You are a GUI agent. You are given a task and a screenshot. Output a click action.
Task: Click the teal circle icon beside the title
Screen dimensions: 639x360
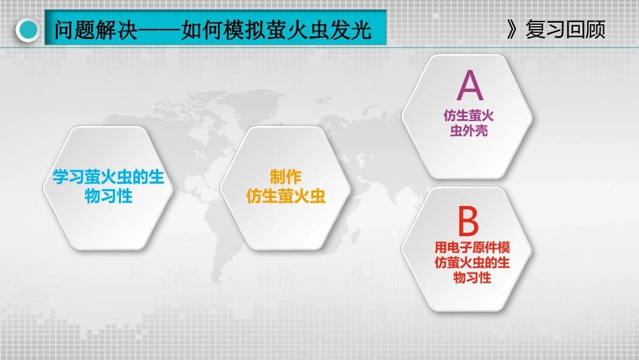28,30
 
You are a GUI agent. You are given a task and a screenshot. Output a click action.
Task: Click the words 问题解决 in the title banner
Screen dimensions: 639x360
96,30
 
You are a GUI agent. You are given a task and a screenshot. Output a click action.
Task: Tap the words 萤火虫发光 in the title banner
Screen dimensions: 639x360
318,30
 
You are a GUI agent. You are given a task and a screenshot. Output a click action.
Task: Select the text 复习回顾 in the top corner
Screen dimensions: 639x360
565,30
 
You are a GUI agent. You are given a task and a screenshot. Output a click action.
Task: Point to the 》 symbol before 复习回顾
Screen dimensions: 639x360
512,30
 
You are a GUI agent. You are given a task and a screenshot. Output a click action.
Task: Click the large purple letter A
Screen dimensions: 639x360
470,85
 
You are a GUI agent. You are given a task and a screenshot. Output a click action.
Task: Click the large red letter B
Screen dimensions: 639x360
468,221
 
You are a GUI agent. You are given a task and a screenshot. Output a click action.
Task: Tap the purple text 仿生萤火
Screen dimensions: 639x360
469,116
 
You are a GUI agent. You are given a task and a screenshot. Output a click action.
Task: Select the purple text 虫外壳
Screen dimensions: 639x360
469,131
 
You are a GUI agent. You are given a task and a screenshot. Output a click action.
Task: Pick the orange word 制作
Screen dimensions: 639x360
286,178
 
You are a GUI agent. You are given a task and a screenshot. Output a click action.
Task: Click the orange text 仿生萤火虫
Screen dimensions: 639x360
286,196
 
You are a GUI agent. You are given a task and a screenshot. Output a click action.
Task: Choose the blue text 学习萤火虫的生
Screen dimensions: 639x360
108,178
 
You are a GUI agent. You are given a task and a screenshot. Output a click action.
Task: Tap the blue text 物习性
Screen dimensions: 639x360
108,196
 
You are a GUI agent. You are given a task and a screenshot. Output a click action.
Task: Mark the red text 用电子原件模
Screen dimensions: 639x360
472,248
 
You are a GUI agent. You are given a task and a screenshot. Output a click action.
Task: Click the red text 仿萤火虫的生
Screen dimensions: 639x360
472,262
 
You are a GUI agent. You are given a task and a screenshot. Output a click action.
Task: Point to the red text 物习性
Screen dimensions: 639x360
472,278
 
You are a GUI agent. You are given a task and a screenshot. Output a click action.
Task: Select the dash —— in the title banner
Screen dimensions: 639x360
159,30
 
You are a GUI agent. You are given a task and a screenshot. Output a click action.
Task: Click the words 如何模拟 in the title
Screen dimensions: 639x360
223,30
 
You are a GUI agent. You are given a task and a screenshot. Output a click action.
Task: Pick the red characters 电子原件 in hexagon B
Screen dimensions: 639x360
472,248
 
